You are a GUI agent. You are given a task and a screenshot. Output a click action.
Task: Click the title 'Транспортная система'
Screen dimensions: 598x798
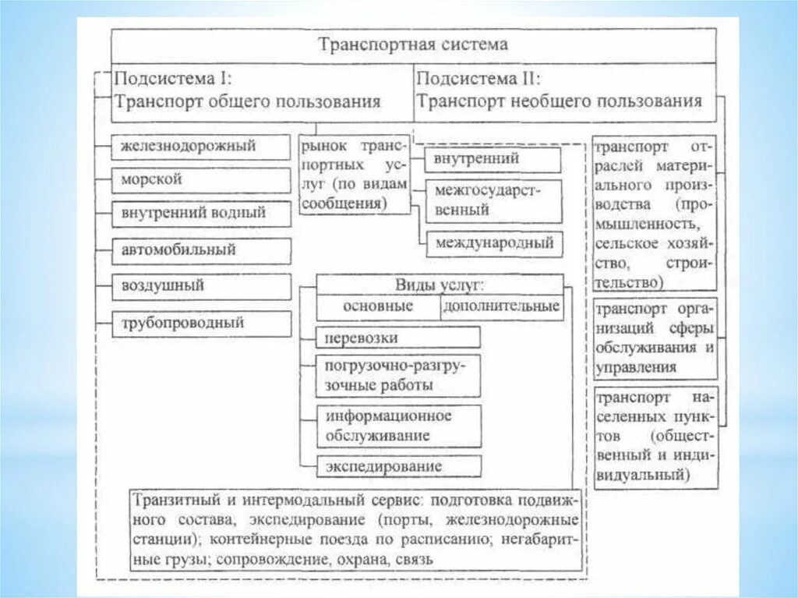tap(413, 44)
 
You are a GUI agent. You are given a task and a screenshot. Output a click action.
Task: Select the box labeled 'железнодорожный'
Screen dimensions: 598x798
tap(201, 146)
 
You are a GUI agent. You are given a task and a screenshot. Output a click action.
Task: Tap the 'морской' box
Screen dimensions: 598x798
tap(201, 179)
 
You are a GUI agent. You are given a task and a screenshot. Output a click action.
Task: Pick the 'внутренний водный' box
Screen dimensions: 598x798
tap(201, 212)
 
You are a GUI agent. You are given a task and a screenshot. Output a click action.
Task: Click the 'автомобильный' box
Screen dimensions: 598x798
tap(201, 250)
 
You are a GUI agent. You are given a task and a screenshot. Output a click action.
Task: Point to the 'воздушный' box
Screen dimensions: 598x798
tap(201, 286)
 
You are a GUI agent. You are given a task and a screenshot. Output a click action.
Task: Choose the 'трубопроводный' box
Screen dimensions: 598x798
tap(201, 322)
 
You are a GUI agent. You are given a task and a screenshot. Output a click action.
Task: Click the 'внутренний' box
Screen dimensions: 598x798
tap(493, 160)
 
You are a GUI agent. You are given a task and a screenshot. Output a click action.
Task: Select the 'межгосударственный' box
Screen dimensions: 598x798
tap(493, 201)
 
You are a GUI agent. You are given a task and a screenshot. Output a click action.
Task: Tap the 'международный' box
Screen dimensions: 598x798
tap(493, 243)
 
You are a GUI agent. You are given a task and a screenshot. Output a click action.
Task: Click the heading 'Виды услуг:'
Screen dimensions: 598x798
tap(440, 284)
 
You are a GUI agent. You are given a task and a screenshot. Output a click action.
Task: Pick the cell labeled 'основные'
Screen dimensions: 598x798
tap(377, 306)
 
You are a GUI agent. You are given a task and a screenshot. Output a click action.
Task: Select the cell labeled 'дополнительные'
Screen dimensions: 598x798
tap(501, 306)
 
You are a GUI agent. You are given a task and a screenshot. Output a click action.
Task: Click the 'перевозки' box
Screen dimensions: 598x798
tap(398, 338)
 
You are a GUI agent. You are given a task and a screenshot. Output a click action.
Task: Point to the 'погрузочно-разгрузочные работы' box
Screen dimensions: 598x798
tap(398, 375)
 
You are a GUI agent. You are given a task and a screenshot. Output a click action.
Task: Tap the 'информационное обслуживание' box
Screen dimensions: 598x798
tap(398, 425)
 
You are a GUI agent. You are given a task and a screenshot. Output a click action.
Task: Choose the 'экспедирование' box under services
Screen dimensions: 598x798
tap(398, 466)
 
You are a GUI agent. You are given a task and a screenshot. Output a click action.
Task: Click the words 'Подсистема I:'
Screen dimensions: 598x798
tap(173, 79)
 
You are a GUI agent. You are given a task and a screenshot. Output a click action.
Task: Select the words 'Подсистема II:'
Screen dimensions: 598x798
tap(479, 79)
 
